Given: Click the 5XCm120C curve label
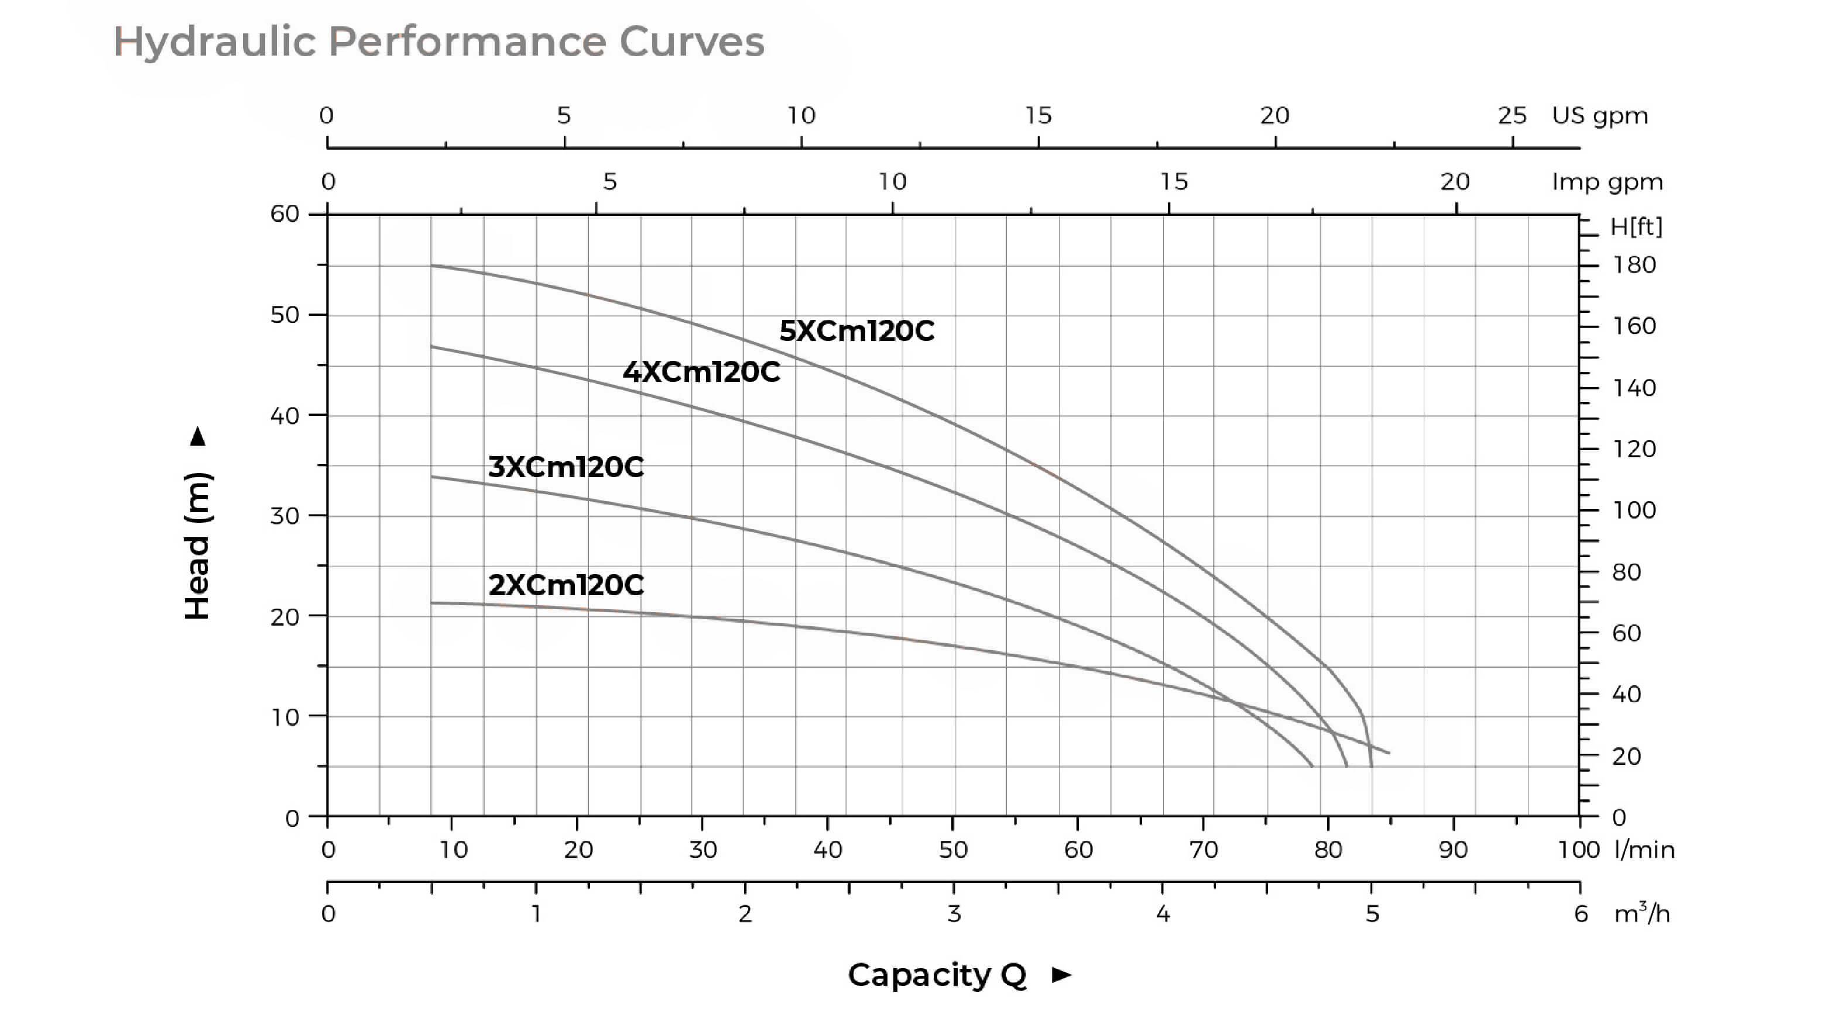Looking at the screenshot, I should pos(856,331).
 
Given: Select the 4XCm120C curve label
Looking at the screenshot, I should pos(701,372).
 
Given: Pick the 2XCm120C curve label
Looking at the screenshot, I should pos(566,585).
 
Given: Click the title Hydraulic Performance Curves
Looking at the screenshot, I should pos(438,41).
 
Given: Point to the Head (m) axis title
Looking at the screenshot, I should pos(197,545).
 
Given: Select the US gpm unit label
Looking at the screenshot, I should pos(1599,116).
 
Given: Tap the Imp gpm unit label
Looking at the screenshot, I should pos(1607,182).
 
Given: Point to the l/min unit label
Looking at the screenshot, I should pos(1644,850).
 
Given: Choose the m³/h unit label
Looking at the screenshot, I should pos(1641,913).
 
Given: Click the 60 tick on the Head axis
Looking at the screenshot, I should pos(285,214).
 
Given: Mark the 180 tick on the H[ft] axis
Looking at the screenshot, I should pos(1634,265).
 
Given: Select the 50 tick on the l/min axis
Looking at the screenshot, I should pos(952,850).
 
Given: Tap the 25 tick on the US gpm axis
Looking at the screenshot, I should pos(1512,116).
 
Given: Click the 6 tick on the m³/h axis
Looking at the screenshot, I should pos(1581,913).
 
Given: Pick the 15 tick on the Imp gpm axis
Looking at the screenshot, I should pos(1174,182).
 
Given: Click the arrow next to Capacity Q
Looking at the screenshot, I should pos(1061,974).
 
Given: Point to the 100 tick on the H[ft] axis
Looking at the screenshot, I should pos(1634,510).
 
